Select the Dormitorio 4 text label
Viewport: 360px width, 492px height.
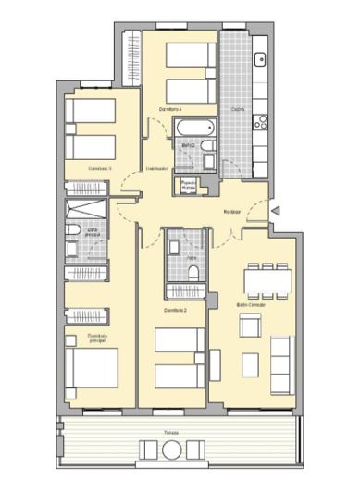coord(168,110)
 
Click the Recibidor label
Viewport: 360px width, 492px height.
coord(232,213)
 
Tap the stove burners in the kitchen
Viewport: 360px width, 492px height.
coord(261,119)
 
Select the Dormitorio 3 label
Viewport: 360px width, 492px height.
coord(99,169)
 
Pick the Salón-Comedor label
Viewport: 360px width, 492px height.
coord(250,304)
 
